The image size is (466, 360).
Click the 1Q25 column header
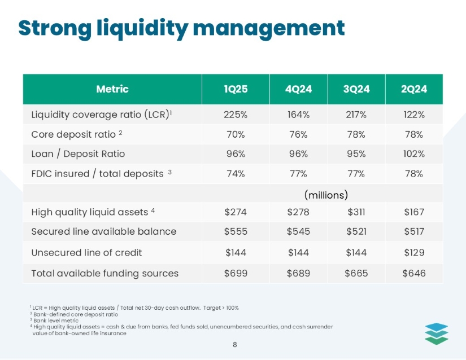tap(234, 89)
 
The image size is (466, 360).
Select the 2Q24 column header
tap(414, 89)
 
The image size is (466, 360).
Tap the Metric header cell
tap(112, 89)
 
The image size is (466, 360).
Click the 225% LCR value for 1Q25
tap(234, 115)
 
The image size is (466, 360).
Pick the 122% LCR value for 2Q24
tap(414, 115)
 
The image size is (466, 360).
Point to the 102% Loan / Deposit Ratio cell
tap(414, 153)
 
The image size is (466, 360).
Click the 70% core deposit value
tap(234, 134)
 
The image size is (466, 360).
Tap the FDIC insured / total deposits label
tap(97, 173)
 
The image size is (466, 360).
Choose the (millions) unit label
tap(326, 195)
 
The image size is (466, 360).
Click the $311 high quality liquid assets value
tap(356, 212)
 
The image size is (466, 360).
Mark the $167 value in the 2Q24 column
tap(414, 212)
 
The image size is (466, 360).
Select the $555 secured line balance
tap(235, 231)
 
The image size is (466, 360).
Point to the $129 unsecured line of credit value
tap(414, 252)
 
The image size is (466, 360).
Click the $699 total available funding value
tap(235, 273)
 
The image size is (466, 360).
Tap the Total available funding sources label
tap(104, 273)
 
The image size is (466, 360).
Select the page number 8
tap(234, 344)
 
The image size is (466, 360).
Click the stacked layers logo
tap(436, 332)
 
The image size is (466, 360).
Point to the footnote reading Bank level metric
tap(50, 320)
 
